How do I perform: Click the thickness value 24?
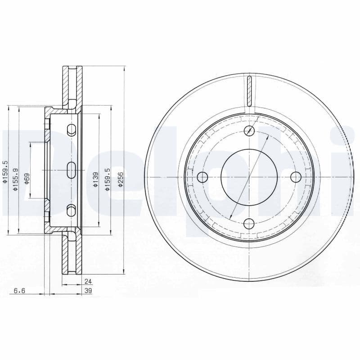tap(88, 282)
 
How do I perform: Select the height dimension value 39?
tap(88, 291)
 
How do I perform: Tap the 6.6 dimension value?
tap(19, 291)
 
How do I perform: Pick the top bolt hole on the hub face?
tap(248, 131)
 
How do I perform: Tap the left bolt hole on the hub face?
tap(202, 177)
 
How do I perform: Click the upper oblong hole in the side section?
tap(71, 130)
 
